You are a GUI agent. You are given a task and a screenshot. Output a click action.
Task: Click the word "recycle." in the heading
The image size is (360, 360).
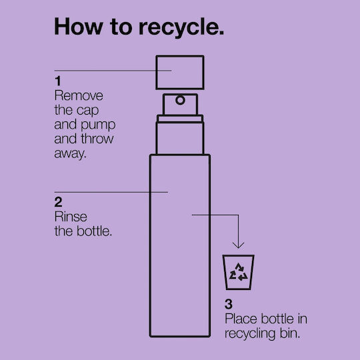pyautogui.click(x=181, y=28)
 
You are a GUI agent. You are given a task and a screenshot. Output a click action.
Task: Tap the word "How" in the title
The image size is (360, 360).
pyautogui.click(x=79, y=26)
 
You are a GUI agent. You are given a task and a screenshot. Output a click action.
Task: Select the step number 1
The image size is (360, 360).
pyautogui.click(x=58, y=81)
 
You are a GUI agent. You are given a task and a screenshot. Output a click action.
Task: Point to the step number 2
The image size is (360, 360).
pyautogui.click(x=58, y=202)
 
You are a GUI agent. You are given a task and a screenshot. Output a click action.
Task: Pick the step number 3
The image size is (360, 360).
pyautogui.click(x=229, y=304)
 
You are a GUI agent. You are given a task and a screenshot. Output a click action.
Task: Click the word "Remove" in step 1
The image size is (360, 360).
pyautogui.click(x=79, y=95)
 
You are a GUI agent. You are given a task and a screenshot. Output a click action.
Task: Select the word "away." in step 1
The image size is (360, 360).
pyautogui.click(x=70, y=153)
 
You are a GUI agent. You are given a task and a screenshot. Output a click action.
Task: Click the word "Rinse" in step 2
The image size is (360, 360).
pyautogui.click(x=71, y=217)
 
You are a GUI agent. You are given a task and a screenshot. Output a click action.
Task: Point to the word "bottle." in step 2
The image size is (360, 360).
pyautogui.click(x=94, y=231)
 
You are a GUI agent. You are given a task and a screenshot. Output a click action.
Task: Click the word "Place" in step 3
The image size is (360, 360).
pyautogui.click(x=241, y=319)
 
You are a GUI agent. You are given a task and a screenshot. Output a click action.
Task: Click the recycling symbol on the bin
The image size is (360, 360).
pyautogui.click(x=239, y=272)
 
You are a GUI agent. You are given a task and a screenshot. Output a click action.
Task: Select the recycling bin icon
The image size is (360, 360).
pyautogui.click(x=238, y=272)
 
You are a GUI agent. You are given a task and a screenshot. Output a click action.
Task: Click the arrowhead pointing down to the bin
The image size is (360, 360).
pyautogui.click(x=238, y=245)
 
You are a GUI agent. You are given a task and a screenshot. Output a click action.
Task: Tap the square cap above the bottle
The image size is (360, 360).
pyautogui.click(x=180, y=72)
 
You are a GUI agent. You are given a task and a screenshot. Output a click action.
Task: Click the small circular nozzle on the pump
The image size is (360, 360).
pyautogui.click(x=180, y=100)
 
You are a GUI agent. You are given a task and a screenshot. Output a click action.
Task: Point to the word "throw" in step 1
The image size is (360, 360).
pyautogui.click(x=97, y=139)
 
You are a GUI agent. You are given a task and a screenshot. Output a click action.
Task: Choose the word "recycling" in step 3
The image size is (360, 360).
pyautogui.click(x=250, y=334)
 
